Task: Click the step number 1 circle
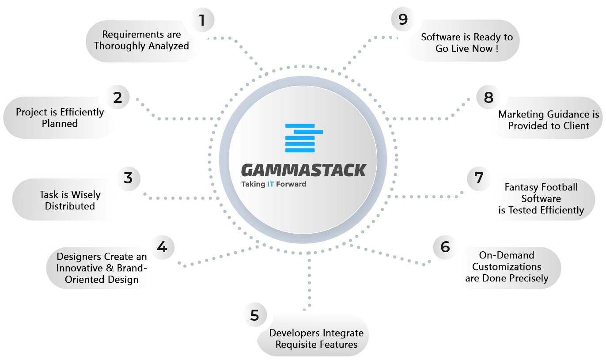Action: (202, 20)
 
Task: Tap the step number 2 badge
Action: (117, 97)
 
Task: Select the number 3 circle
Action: (128, 178)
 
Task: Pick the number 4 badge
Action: (163, 247)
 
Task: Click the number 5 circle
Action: (255, 315)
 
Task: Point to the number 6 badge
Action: (445, 247)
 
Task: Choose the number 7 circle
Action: (479, 178)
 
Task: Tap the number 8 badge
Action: (489, 97)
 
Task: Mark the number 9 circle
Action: (403, 19)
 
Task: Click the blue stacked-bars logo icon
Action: (304, 138)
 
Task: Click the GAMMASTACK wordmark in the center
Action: (304, 170)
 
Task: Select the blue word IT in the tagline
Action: (270, 184)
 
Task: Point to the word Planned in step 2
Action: (60, 124)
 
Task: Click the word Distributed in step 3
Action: (70, 206)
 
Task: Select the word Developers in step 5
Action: (294, 333)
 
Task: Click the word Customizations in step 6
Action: (507, 267)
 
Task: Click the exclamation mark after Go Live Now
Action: (497, 49)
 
